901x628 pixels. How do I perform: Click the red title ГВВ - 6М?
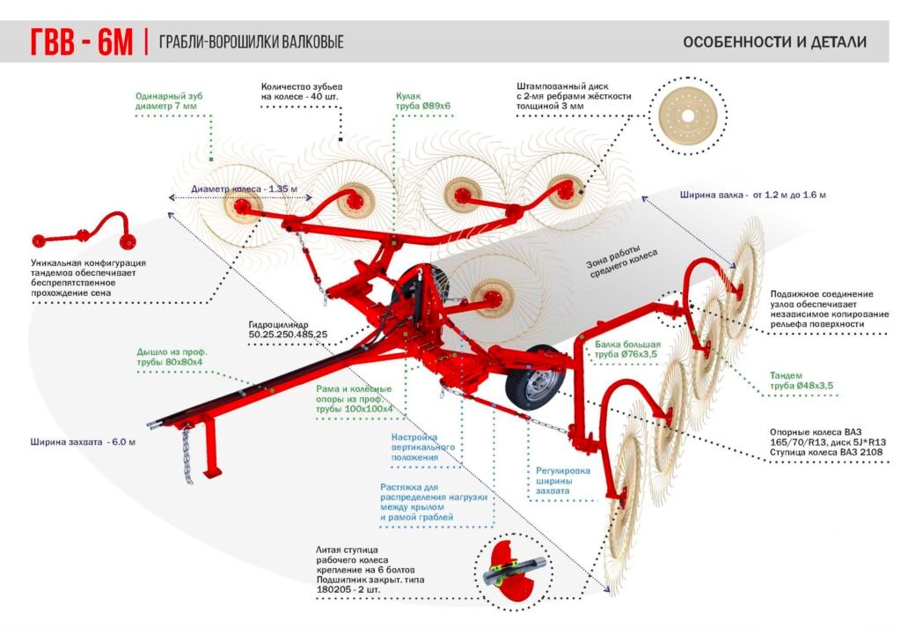tap(81, 42)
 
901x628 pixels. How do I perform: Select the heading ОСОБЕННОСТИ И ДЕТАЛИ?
tap(774, 41)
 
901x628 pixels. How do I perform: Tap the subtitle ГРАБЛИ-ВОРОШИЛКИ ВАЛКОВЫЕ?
tap(251, 42)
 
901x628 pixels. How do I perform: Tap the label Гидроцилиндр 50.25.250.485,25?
tap(288, 329)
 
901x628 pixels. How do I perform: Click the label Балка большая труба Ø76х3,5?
tap(626, 349)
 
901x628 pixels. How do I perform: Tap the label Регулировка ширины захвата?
tap(563, 481)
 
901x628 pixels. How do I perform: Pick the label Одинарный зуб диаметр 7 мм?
tap(166, 101)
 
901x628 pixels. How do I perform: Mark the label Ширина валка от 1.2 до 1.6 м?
tap(752, 195)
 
